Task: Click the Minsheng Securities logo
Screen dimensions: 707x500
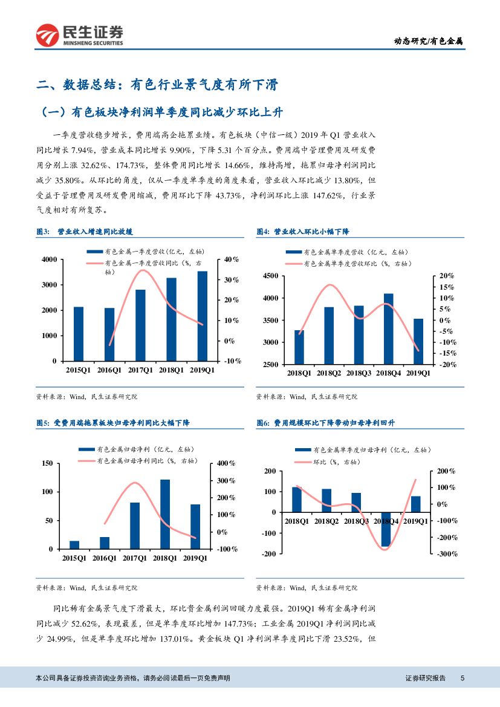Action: [79, 36]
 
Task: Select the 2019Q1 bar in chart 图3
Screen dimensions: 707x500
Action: [203, 316]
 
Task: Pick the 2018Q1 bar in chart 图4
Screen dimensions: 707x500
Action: [299, 347]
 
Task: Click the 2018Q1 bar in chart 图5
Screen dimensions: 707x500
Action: [165, 514]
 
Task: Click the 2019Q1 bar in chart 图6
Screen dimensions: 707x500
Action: [416, 504]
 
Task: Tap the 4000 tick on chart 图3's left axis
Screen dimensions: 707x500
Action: [48, 259]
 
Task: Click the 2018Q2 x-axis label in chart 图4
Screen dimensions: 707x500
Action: [329, 374]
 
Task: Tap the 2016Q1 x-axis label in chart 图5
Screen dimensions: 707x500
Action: [105, 558]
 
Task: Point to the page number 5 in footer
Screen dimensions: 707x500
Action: [462, 679]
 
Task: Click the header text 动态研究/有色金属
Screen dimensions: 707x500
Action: [429, 41]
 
